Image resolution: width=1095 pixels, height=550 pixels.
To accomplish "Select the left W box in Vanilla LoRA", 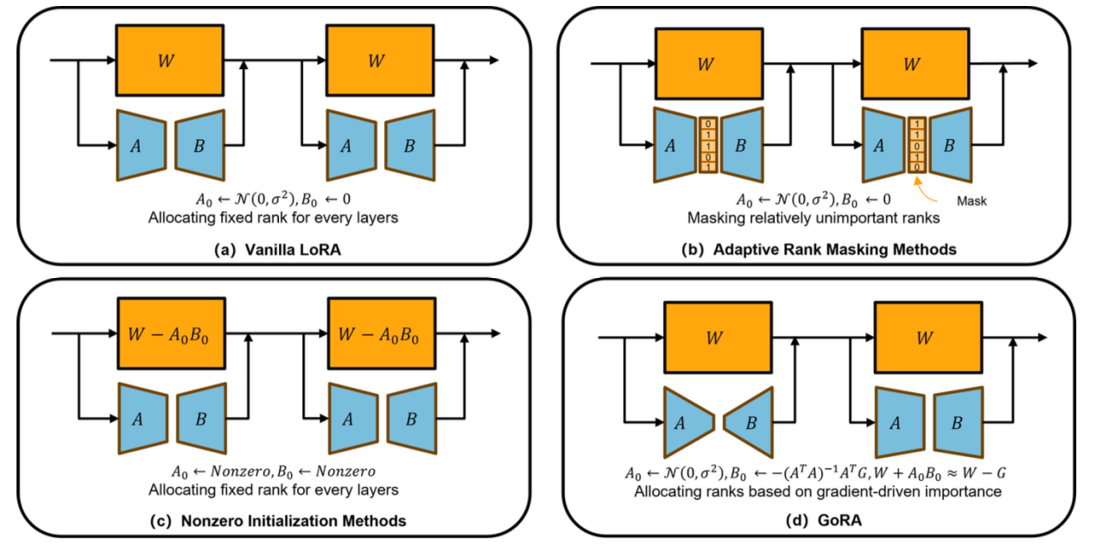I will click(x=169, y=60).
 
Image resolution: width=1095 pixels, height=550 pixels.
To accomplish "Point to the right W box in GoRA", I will click(x=924, y=337).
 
